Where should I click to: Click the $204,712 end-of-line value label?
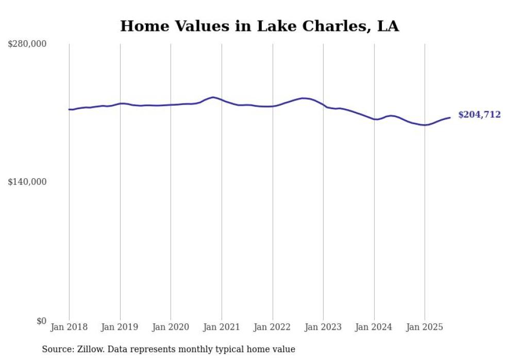tap(479, 115)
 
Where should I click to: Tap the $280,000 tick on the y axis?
tap(27, 44)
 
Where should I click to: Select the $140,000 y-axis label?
tap(27, 182)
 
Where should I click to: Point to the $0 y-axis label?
tap(42, 321)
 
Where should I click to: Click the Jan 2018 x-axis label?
tap(69, 327)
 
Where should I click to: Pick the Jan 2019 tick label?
tap(120, 327)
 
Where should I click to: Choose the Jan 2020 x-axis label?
tap(171, 327)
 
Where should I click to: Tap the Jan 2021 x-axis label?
tap(222, 327)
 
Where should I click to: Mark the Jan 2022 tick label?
tap(273, 327)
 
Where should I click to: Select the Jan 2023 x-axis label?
tap(323, 327)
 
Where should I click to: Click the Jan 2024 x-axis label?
tap(374, 327)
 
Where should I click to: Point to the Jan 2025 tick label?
tap(425, 327)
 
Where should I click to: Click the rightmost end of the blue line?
tap(450, 117)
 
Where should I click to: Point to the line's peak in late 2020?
tap(213, 97)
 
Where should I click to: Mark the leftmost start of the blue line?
tap(69, 109)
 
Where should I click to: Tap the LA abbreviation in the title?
tap(388, 26)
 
